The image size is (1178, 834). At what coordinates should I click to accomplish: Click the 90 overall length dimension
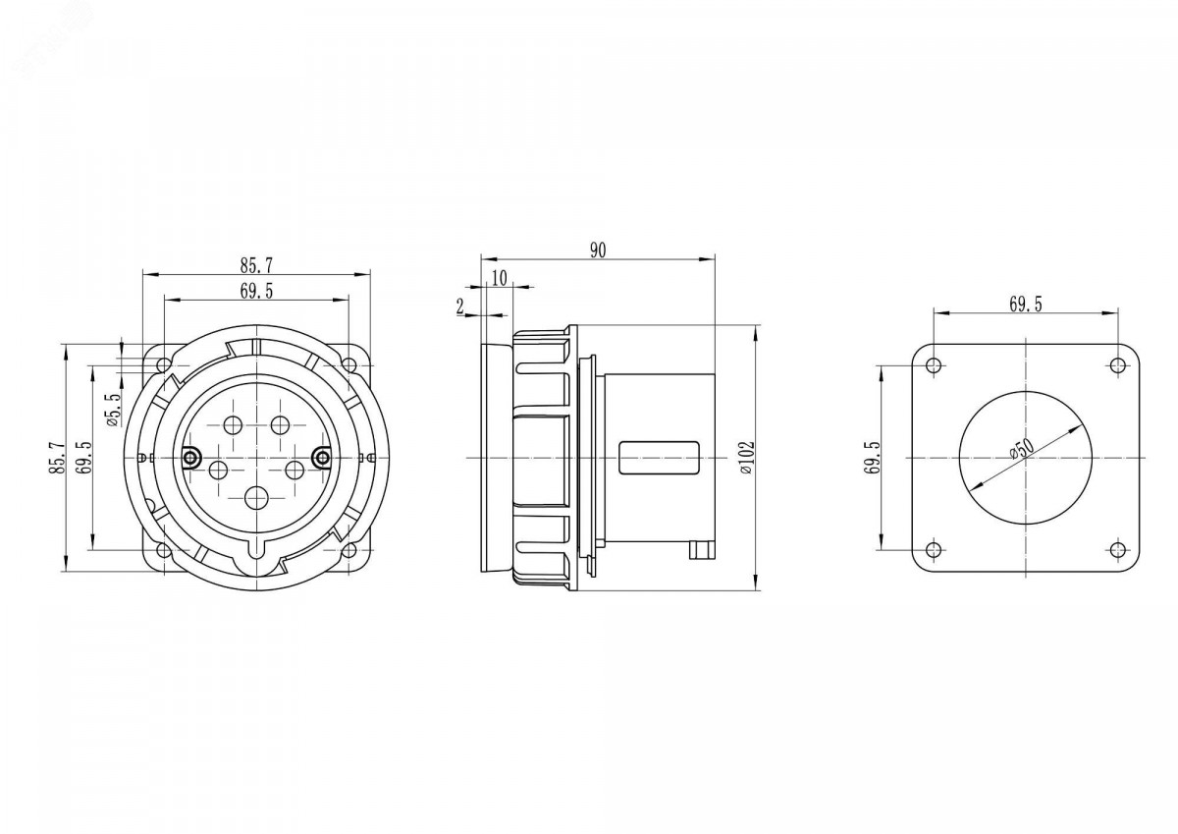click(x=598, y=250)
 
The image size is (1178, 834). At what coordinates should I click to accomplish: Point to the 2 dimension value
click(x=460, y=306)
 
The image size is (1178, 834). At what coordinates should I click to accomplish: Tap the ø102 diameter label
click(x=747, y=459)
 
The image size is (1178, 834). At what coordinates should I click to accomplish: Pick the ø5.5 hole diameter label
click(x=114, y=411)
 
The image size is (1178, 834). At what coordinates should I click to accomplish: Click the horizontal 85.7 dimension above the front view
click(x=256, y=266)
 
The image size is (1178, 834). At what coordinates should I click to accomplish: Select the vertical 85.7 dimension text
click(x=57, y=458)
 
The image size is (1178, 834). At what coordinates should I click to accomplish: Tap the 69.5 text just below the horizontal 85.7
click(x=256, y=291)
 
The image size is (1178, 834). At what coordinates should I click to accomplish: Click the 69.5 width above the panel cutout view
click(x=1026, y=305)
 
